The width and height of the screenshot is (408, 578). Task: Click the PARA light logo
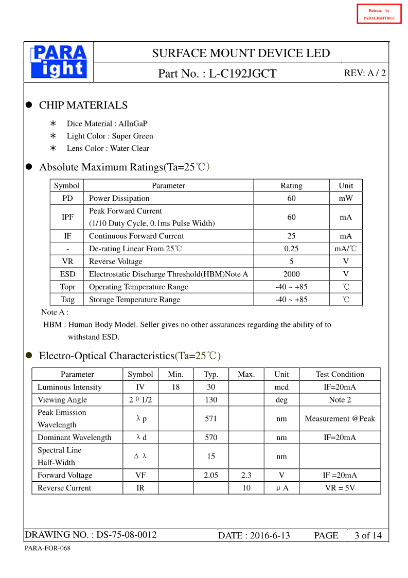(59, 62)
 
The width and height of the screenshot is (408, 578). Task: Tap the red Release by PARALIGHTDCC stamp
(379, 14)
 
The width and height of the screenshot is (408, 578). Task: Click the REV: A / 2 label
(365, 73)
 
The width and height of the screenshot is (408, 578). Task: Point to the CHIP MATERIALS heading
(83, 105)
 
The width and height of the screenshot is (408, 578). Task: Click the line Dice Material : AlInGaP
(107, 124)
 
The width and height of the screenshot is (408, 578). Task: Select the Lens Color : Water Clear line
(108, 148)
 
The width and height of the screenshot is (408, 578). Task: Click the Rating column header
(291, 186)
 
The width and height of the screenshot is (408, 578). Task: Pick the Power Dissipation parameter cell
(119, 198)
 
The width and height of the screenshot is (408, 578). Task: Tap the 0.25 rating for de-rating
(291, 249)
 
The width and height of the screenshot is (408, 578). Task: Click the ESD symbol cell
(67, 274)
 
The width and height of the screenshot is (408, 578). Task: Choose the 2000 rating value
(291, 274)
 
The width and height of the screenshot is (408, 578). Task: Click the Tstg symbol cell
(67, 300)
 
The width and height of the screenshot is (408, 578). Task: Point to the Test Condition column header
(340, 374)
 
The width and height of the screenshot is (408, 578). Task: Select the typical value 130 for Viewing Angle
(211, 399)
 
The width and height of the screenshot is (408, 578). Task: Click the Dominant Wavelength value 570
(211, 437)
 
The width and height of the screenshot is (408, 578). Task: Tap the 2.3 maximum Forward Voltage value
(246, 475)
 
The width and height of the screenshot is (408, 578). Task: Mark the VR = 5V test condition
(340, 488)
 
